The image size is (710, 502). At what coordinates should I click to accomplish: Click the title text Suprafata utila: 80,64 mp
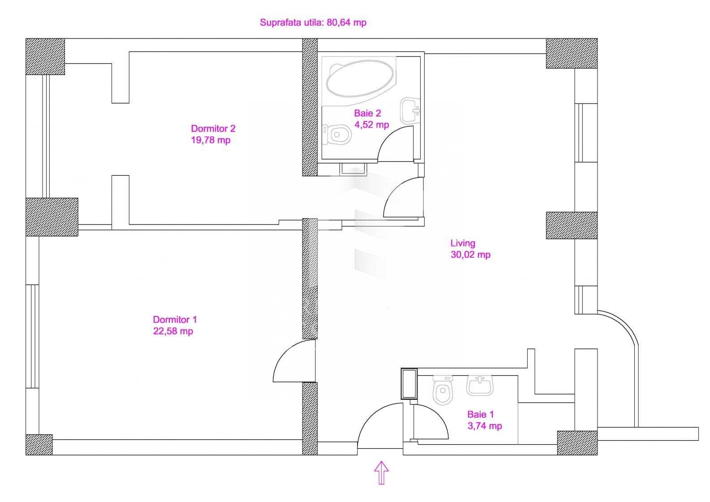pos(313,22)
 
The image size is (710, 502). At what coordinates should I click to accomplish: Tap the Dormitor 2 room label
pos(213,129)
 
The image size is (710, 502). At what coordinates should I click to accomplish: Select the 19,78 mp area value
pos(211,140)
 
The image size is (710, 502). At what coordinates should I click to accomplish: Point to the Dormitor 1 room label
pos(175,319)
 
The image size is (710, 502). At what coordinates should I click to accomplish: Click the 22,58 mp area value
pos(173,331)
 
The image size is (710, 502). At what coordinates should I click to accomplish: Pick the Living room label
pos(463,243)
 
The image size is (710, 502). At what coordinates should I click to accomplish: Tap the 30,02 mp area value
pos(470,255)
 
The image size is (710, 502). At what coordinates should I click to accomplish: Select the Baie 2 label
pos(367,113)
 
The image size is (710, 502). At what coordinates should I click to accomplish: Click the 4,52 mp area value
pos(371,125)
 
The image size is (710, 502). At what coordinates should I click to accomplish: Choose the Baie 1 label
pos(481,414)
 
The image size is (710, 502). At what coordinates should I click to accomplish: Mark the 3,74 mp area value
pos(485,425)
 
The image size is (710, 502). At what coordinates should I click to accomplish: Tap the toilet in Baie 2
pos(336,134)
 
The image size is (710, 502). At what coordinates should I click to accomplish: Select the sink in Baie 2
pos(410,110)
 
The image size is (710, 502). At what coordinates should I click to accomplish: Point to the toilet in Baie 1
pos(443,390)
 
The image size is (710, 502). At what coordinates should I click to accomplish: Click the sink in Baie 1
pos(480,385)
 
